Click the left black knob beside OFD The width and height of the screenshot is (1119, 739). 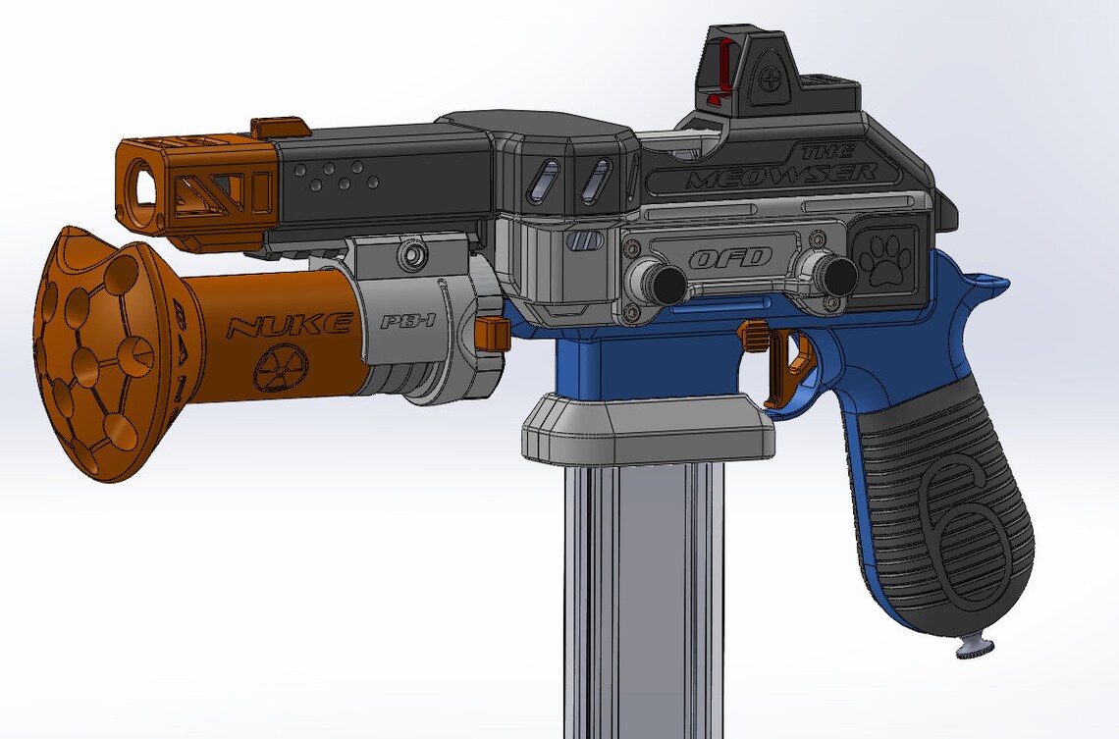(x=666, y=283)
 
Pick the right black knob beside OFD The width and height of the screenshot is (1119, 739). (x=836, y=275)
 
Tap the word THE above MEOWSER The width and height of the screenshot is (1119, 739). (x=826, y=152)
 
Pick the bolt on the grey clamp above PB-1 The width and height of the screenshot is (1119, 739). (x=412, y=256)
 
